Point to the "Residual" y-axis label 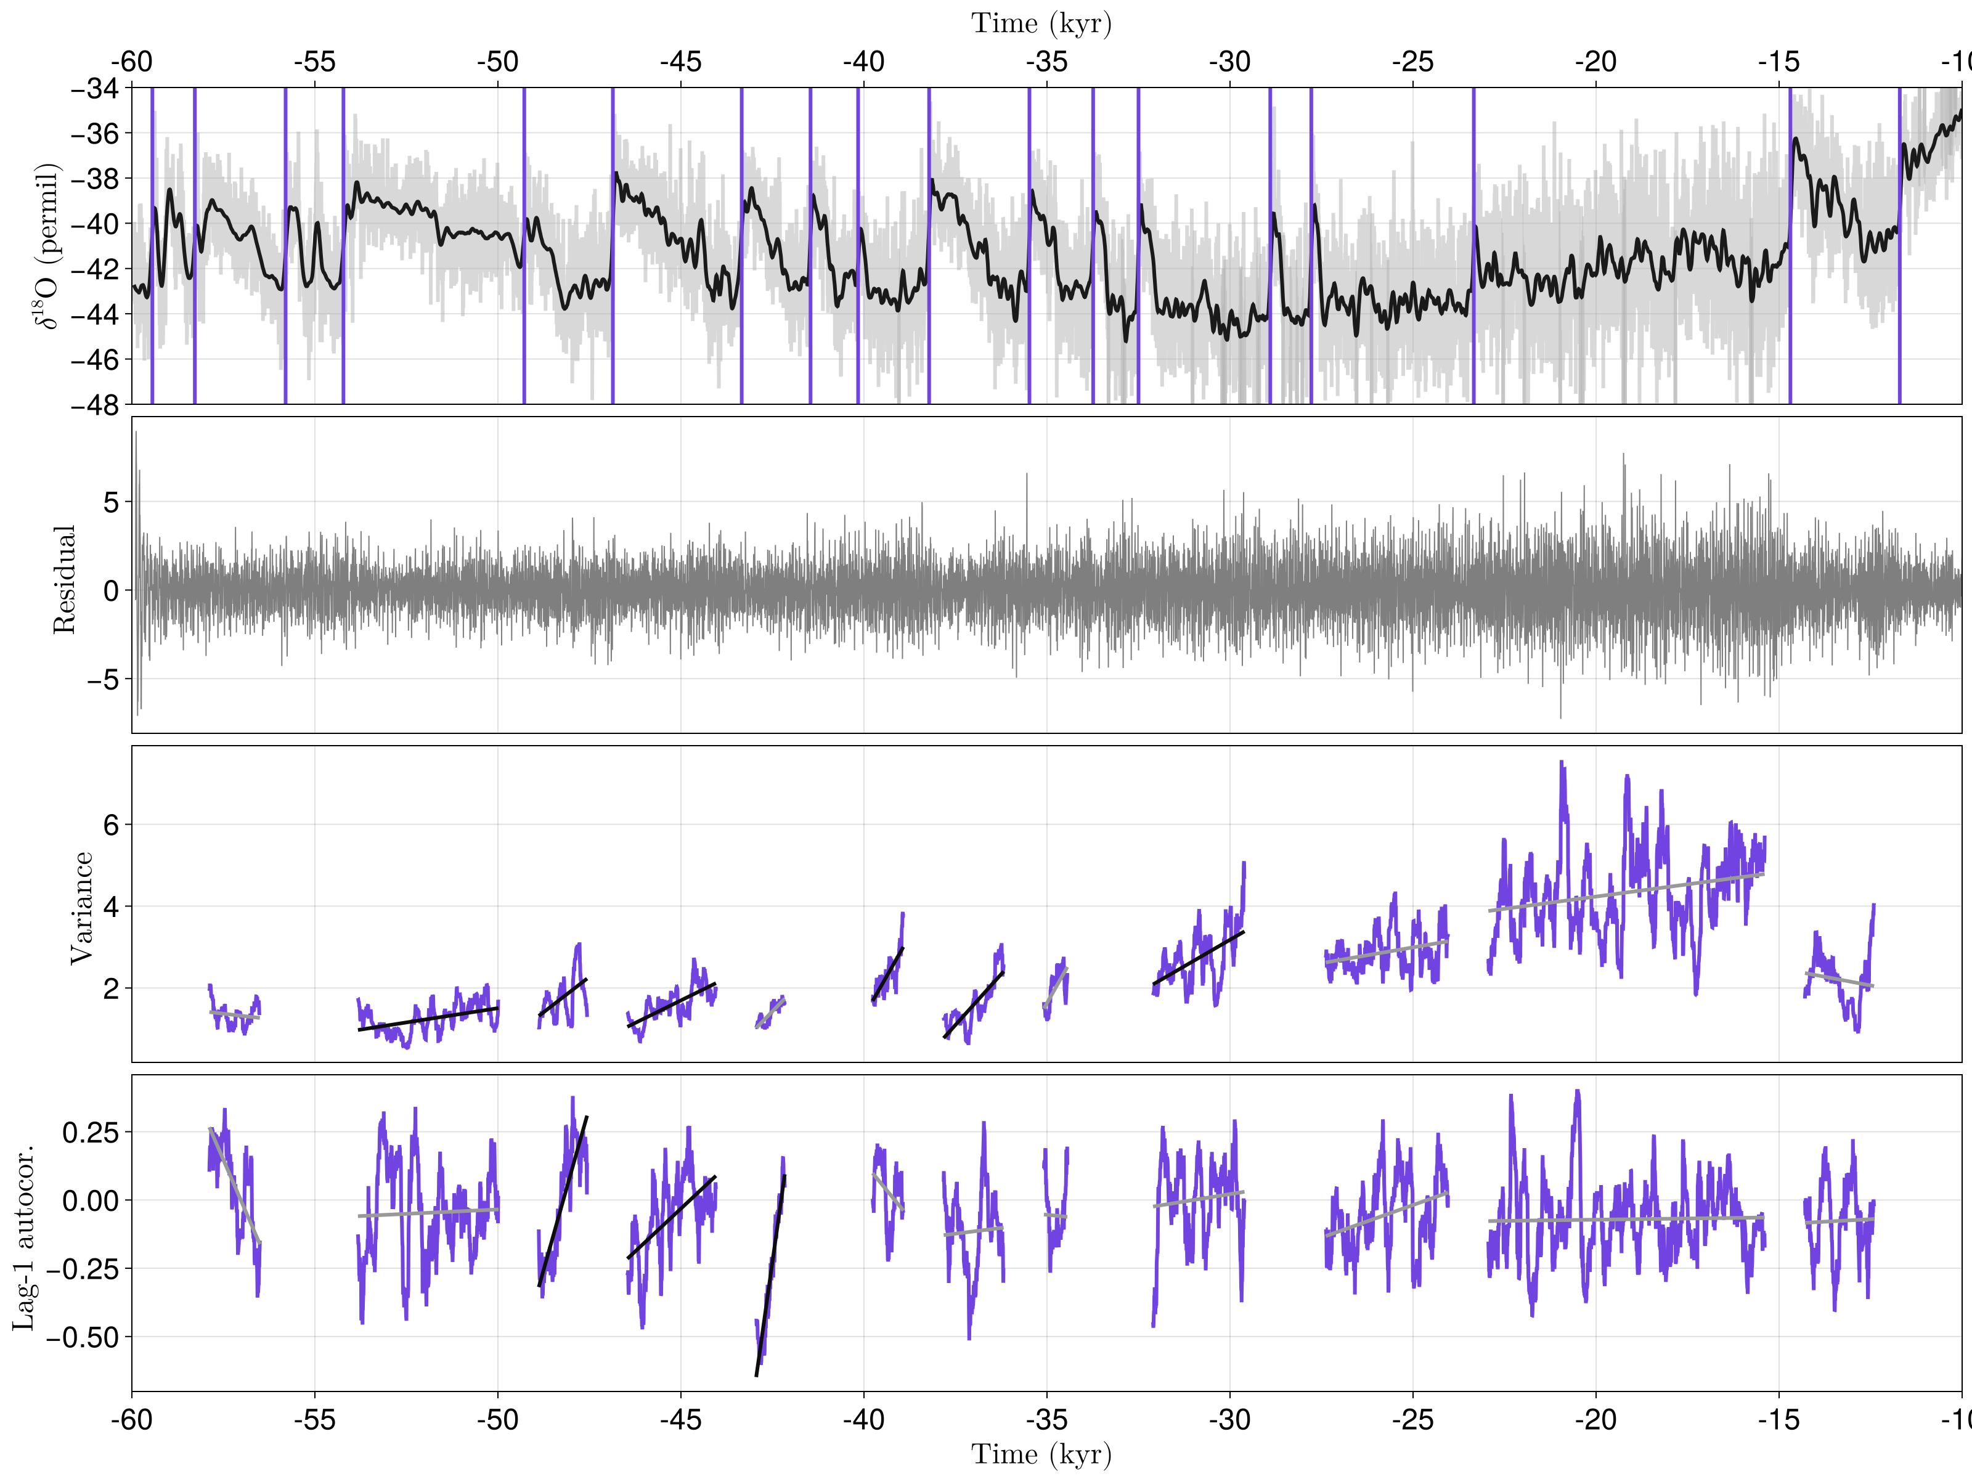[x=64, y=579]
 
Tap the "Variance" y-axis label [x=81, y=908]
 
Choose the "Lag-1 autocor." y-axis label [x=24, y=1237]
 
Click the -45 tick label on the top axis [x=680, y=62]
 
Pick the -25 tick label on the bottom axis [x=1412, y=1419]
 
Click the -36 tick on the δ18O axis [x=94, y=134]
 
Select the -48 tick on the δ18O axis [x=94, y=405]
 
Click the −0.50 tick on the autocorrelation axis [x=82, y=1337]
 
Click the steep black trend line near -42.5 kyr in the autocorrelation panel [x=770, y=1275]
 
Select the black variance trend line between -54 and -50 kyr [x=428, y=1019]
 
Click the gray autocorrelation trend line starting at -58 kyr [x=234, y=1186]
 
